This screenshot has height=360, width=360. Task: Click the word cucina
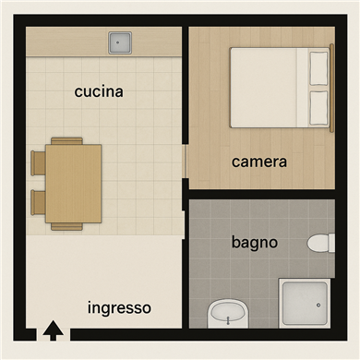point(99,91)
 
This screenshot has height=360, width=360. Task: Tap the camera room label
point(259,162)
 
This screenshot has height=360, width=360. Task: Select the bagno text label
point(255,243)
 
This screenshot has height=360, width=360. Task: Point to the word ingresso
point(119,308)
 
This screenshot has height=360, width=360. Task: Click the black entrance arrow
point(54,330)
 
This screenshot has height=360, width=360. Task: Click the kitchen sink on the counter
point(120,42)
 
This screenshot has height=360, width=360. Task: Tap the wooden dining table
point(73,184)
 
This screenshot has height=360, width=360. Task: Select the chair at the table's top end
point(66,141)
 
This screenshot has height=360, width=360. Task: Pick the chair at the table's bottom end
point(66,227)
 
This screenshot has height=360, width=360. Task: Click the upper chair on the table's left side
point(39,163)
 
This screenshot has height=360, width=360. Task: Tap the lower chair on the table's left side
point(39,202)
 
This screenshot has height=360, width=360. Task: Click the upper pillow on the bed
point(318,68)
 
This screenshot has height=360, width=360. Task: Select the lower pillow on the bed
point(318,108)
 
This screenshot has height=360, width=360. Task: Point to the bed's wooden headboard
point(331,88)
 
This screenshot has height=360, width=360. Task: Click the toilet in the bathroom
point(321,243)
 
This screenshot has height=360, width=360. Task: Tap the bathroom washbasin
point(228,313)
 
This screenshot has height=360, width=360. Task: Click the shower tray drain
point(318,306)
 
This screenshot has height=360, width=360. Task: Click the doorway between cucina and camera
point(185,161)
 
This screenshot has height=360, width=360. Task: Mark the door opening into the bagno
point(184,224)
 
